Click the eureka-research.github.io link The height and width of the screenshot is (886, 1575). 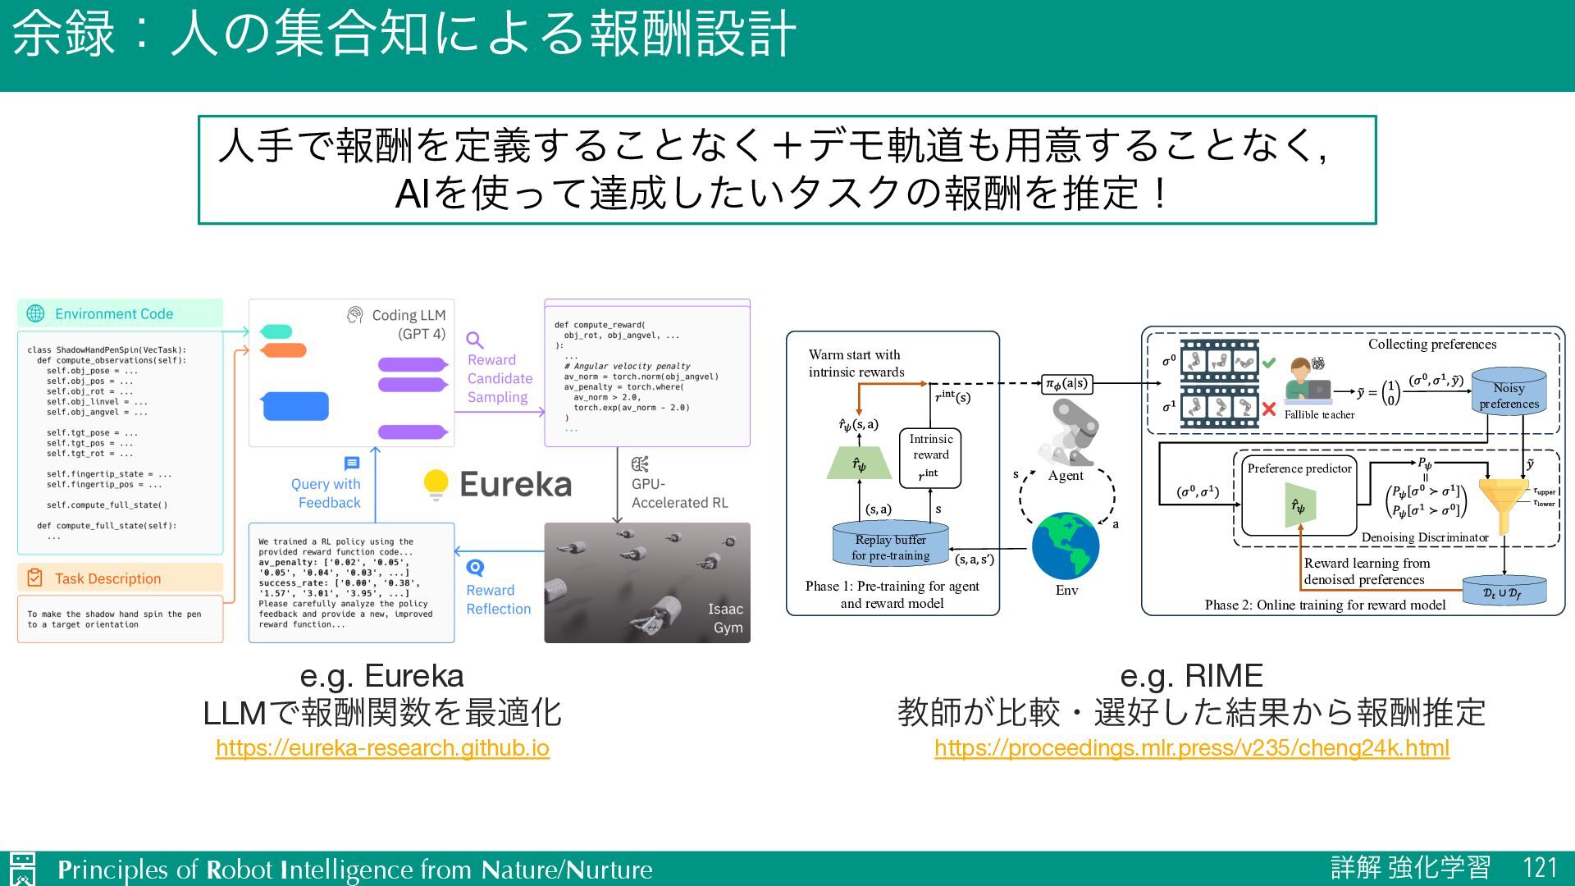382,748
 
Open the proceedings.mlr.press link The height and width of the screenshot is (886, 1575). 1191,748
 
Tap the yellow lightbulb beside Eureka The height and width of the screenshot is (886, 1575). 436,484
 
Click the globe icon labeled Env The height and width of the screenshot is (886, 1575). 1066,546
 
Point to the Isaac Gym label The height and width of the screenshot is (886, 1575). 726,618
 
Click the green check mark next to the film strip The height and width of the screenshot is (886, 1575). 1269,362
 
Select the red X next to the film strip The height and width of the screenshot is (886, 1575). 1269,409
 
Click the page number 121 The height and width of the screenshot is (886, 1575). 1539,868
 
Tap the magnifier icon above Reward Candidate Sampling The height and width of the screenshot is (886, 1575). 474,340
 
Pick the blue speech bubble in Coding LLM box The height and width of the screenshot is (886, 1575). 295,406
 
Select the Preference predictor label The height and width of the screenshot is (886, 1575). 1299,468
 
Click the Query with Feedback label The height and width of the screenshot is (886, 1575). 327,493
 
